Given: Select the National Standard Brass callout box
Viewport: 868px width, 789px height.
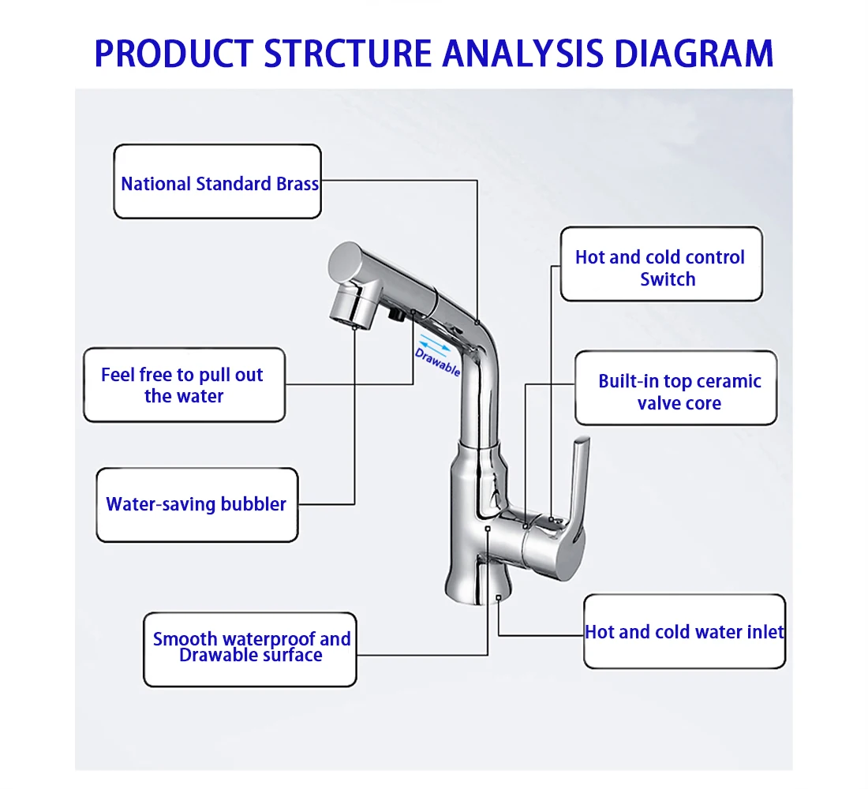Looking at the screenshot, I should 218,181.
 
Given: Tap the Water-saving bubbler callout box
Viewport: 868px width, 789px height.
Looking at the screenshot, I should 197,505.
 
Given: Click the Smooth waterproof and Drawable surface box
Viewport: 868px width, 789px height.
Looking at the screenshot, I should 250,648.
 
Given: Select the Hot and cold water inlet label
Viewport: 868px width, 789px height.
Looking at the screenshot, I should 685,632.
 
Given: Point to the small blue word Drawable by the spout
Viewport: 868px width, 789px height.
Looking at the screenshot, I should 437,361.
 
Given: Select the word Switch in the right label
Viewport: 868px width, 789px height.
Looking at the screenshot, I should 668,279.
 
